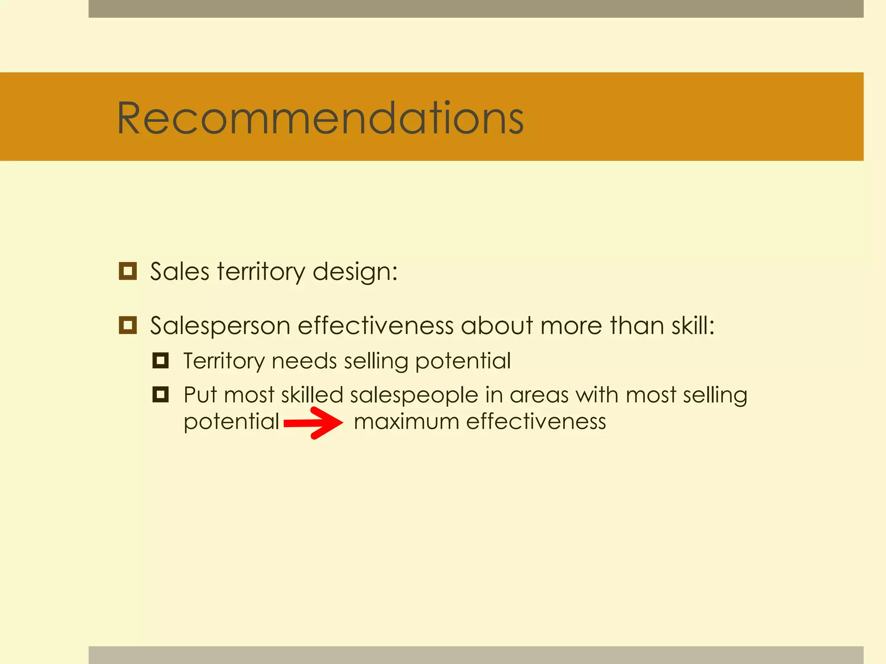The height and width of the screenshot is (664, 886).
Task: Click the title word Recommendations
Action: (320, 118)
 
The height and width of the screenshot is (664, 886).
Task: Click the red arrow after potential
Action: (313, 423)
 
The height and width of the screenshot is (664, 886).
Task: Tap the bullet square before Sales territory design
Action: (128, 271)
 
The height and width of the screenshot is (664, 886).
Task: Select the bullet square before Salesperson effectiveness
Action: (128, 325)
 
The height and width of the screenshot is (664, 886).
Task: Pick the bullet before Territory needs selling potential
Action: (161, 360)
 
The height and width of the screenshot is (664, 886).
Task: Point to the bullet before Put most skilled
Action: (161, 394)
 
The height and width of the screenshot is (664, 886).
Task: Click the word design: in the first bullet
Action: (355, 272)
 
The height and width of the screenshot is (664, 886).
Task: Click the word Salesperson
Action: (220, 326)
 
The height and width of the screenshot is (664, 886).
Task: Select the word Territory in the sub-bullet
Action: (223, 361)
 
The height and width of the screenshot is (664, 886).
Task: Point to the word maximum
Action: (406, 421)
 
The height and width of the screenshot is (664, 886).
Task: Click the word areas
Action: (539, 396)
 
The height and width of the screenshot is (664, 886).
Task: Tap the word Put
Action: (200, 395)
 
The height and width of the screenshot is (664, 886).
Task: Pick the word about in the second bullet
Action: (497, 326)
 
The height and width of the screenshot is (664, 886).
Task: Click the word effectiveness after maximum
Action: (536, 421)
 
